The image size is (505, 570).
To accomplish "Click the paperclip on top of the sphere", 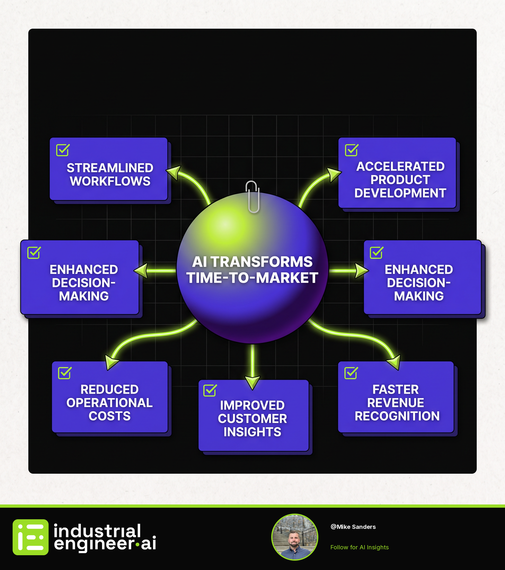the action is tap(252, 197).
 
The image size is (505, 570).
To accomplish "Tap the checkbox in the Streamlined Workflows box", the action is tap(63, 150).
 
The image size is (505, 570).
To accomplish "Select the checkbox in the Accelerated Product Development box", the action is tap(351, 150).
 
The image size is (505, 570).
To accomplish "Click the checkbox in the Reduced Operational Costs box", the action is tap(65, 373).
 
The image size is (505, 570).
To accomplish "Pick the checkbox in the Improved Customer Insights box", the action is tap(210, 390).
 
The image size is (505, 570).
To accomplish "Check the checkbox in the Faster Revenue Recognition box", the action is tap(351, 373).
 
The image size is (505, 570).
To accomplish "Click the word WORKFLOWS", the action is tap(110, 181).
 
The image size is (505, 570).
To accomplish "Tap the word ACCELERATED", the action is tap(400, 167).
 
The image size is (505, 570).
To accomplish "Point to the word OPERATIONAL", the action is tap(109, 403).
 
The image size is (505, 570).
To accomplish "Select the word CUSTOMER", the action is tap(252, 419).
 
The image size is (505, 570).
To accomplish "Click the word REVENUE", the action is tap(396, 403).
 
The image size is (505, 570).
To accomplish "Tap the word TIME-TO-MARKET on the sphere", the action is tap(252, 278).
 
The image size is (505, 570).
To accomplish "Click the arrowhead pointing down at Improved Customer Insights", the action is tap(252, 382).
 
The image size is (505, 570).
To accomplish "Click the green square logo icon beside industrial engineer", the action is tap(30, 537).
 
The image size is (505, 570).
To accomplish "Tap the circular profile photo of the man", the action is tap(294, 537).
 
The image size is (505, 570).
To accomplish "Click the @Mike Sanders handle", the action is tap(353, 527).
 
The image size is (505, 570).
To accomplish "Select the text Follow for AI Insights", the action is tap(360, 547).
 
